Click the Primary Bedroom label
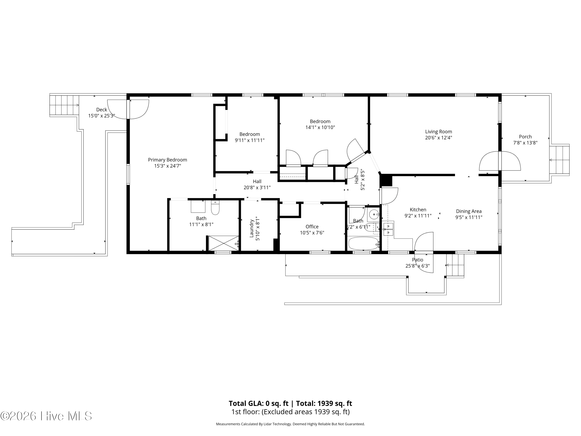tap(167, 160)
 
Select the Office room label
tap(312, 227)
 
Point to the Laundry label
tap(252, 229)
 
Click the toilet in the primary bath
tap(215, 208)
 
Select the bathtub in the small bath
tap(363, 244)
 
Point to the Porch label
tap(525, 137)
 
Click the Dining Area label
tap(469, 211)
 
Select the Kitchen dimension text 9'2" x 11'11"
tap(418, 216)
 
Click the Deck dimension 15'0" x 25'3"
tap(102, 116)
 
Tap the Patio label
tap(417, 260)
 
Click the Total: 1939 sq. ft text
tap(324, 403)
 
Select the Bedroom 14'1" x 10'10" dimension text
tap(320, 128)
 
